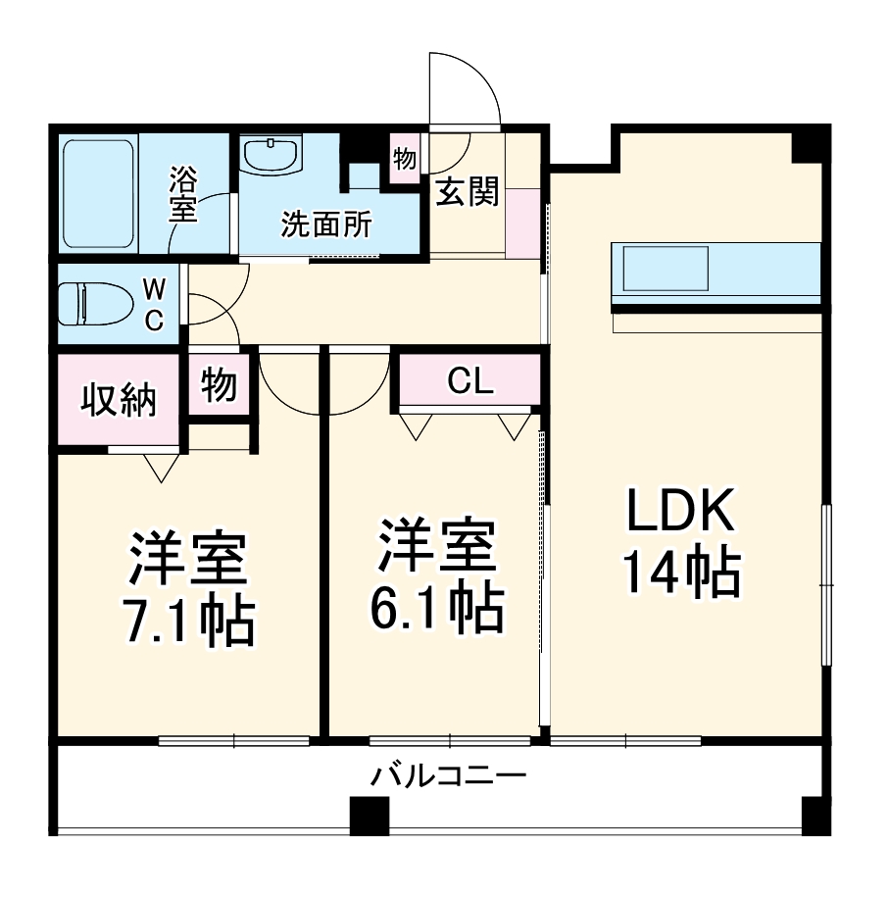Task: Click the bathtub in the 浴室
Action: coord(98,194)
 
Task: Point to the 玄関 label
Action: coord(467,192)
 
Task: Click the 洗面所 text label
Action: coord(326,225)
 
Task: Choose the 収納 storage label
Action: coord(118,399)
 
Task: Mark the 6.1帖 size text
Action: coord(436,607)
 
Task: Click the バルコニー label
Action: coord(448,777)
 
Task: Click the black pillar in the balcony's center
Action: coord(370,815)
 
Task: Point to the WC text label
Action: coord(154,304)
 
